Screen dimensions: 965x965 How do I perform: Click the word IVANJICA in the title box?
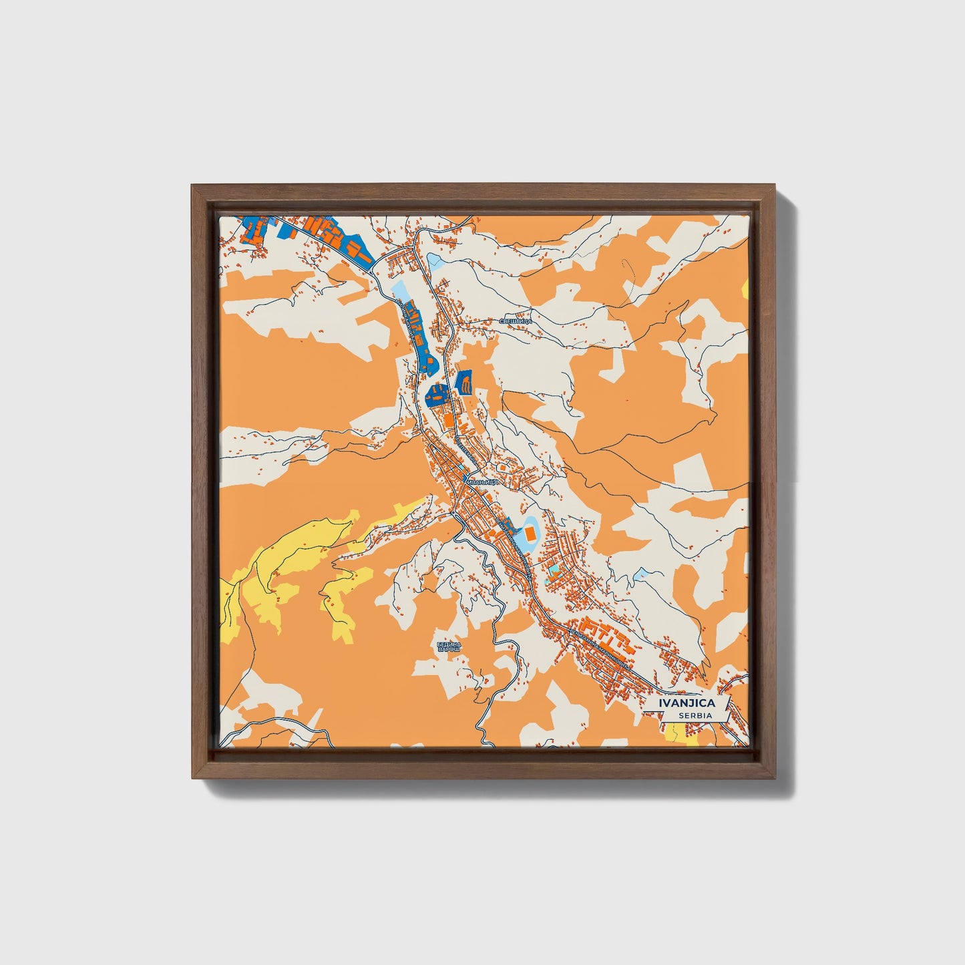pos(687,703)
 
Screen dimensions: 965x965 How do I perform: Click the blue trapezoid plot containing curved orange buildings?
pos(464,383)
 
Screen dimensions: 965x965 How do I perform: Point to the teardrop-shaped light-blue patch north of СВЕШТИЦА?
pos(435,258)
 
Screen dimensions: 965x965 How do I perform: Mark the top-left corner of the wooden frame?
pos(192,186)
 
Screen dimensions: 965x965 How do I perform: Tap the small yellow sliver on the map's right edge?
pos(745,287)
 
